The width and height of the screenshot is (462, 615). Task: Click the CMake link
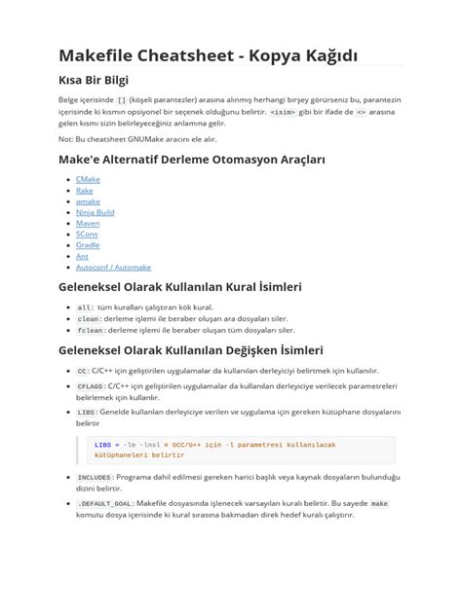[88, 179]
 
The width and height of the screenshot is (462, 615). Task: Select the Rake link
[85, 191]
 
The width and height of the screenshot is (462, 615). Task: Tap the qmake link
[88, 201]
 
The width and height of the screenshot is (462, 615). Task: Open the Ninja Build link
[95, 212]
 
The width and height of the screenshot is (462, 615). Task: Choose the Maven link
[88, 223]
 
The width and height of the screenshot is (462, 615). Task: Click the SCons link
[87, 235]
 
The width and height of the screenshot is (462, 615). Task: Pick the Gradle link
[88, 245]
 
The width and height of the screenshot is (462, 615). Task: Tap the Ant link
[82, 256]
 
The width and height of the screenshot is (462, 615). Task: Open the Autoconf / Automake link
[113, 267]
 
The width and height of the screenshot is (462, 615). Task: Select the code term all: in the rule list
[86, 307]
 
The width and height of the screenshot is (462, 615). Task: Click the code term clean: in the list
[89, 318]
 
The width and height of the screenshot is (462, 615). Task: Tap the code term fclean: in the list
[90, 330]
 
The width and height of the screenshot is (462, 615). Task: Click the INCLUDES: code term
[95, 478]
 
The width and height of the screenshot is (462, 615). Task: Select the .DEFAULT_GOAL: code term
[105, 503]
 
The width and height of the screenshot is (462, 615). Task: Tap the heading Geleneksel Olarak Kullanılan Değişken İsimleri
[190, 349]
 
